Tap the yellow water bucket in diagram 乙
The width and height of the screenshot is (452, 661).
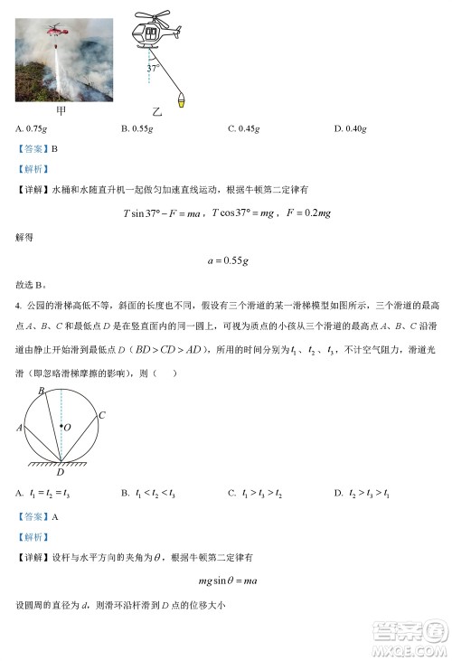[x=182, y=100]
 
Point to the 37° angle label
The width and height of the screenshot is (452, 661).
[x=154, y=68]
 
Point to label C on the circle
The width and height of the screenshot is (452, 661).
[x=102, y=416]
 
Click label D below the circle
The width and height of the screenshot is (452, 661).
[x=61, y=472]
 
